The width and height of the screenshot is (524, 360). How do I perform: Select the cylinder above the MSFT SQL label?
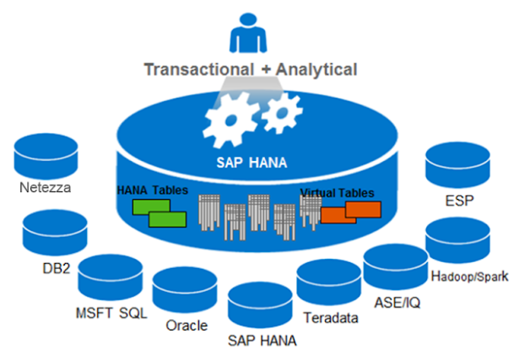click(111, 277)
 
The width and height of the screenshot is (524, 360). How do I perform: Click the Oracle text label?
click(184, 326)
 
